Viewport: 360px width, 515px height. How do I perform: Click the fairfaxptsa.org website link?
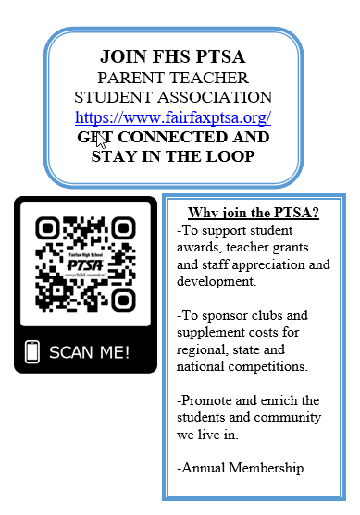pyautogui.click(x=173, y=117)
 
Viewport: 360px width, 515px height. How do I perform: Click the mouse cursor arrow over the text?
pyautogui.click(x=101, y=141)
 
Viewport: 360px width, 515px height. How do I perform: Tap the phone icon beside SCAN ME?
pyautogui.click(x=32, y=351)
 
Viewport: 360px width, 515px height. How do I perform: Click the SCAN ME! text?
pyautogui.click(x=89, y=351)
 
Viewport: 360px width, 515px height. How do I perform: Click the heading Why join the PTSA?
pyautogui.click(x=253, y=213)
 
